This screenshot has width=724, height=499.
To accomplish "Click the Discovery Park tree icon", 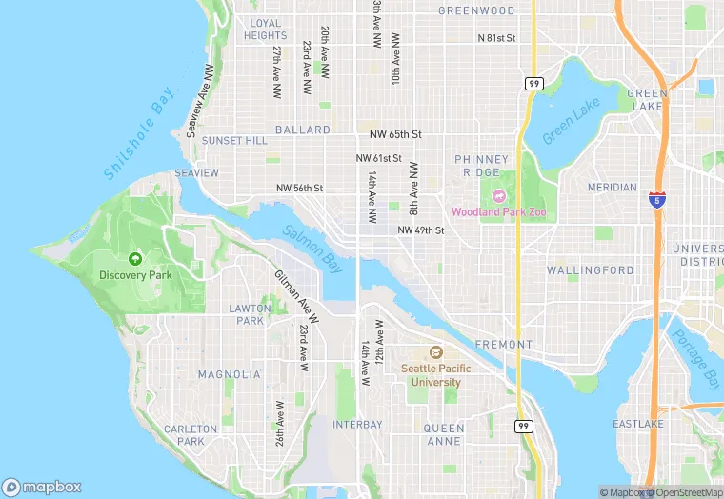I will tap(134, 258).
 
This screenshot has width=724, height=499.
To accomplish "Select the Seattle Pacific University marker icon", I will tap(436, 352).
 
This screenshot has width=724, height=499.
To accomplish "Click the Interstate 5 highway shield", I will tap(655, 200).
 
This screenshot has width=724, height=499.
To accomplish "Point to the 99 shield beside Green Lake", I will tap(533, 84).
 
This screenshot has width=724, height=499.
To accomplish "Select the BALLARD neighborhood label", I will tap(302, 130).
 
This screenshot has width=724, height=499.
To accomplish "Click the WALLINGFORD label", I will tap(590, 270).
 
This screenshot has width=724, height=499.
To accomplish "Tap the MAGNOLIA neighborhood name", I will tap(229, 374).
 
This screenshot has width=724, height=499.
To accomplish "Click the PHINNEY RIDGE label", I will tap(476, 166).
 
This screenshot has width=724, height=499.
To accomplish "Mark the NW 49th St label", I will tap(421, 230).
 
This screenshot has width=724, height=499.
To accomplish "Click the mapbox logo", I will tap(42, 487).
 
